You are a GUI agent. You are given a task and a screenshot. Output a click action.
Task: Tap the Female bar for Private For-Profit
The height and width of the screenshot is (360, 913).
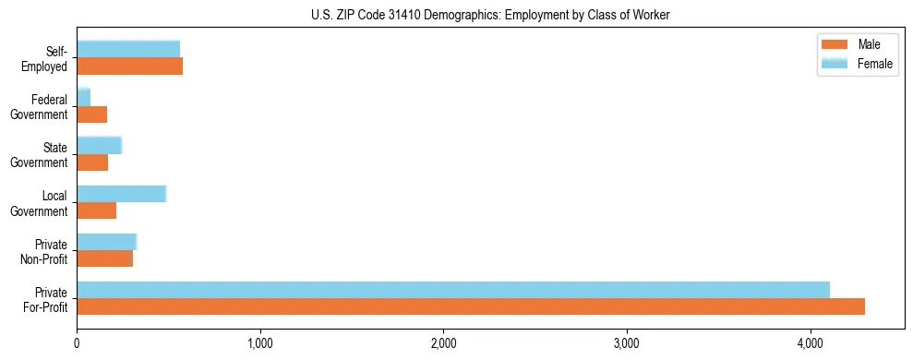(x=453, y=289)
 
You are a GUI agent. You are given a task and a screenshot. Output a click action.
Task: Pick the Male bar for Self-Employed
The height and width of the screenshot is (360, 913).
(x=129, y=66)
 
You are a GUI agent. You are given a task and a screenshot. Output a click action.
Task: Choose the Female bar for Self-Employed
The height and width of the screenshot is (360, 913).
(x=128, y=49)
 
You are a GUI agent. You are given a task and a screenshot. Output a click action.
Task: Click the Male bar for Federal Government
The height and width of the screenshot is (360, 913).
(x=92, y=114)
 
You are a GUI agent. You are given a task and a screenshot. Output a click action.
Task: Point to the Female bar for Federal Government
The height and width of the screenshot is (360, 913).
(x=83, y=97)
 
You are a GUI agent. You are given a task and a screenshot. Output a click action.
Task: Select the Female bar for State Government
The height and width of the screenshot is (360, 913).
(x=99, y=145)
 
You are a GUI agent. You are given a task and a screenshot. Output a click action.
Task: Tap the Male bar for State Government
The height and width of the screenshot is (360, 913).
(x=92, y=162)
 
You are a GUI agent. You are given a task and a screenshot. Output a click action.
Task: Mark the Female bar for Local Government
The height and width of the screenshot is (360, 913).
(x=121, y=193)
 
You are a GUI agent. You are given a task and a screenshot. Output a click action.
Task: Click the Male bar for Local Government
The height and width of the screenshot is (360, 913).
(x=97, y=210)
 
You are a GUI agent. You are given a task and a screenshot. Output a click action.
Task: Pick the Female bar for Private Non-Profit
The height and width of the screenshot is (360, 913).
(x=106, y=241)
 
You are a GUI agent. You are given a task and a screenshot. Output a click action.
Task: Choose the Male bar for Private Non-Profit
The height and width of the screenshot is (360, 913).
(x=104, y=258)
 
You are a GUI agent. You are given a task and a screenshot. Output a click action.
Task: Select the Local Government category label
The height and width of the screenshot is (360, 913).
(x=42, y=203)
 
